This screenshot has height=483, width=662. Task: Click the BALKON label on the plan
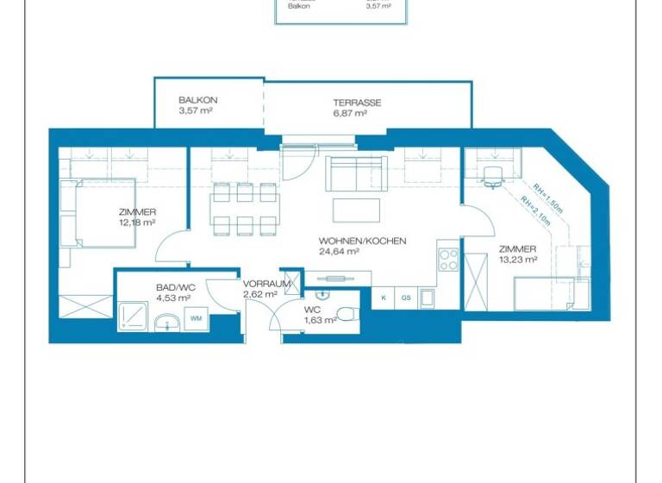click(x=194, y=100)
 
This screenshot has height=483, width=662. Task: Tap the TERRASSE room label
click(x=357, y=103)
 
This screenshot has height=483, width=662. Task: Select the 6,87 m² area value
click(x=357, y=113)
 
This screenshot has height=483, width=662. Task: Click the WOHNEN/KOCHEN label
click(x=362, y=241)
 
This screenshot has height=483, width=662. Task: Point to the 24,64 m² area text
click(x=339, y=252)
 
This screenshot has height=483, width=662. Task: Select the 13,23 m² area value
click(x=518, y=259)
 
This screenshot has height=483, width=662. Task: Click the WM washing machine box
click(x=196, y=319)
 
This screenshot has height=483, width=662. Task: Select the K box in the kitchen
click(x=383, y=298)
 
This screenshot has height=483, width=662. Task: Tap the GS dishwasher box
click(x=405, y=298)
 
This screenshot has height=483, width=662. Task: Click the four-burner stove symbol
click(x=448, y=259)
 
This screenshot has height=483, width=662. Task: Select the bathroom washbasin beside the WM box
click(x=166, y=322)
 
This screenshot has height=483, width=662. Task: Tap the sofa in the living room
click(x=355, y=174)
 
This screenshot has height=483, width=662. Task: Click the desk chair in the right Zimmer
click(x=492, y=177)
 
